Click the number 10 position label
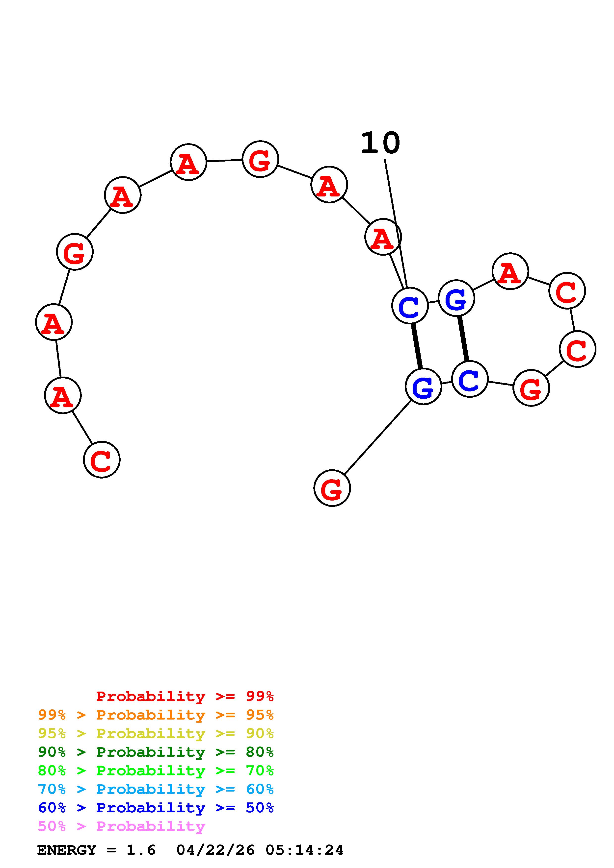[380, 144]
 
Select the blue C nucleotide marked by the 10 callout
[410, 306]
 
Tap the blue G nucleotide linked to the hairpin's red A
[456, 298]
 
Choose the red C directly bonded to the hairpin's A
[567, 290]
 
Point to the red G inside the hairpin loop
[531, 388]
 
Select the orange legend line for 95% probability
[156, 715]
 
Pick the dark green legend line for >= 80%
[156, 752]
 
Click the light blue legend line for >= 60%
[156, 789]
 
